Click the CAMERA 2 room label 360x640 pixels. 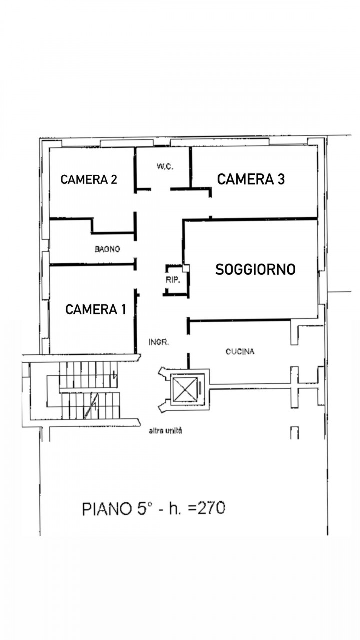(x=89, y=179)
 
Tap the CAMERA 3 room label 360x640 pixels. (x=251, y=179)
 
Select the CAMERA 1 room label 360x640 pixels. (x=95, y=309)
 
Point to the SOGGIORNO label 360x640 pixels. (x=255, y=269)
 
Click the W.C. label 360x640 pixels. (x=165, y=167)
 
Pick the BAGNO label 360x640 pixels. (x=107, y=249)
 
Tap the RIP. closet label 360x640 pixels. (x=173, y=280)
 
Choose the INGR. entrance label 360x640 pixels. (x=159, y=342)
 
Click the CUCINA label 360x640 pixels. (x=240, y=351)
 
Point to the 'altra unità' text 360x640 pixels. (x=165, y=431)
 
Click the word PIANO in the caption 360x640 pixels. (x=107, y=509)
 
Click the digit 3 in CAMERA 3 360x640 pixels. (x=280, y=179)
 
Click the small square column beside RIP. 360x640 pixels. (x=186, y=268)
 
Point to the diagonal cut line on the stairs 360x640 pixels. (x=91, y=405)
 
